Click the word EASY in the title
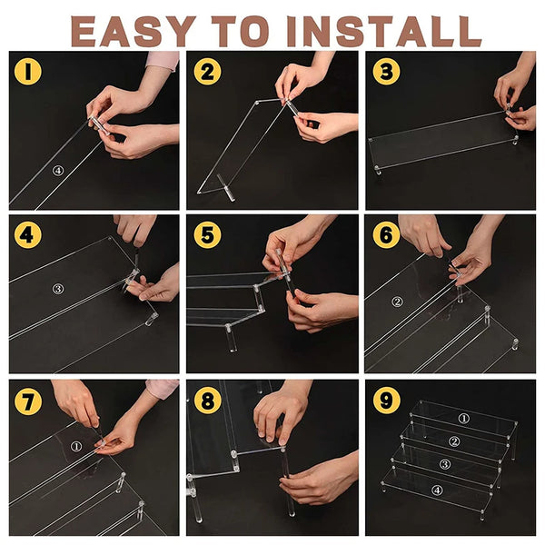coord(134,31)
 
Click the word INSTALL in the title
coord(384,31)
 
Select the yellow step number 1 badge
coord(28,72)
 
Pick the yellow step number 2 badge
coord(207,72)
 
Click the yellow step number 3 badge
coord(386,72)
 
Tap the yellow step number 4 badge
coord(28,235)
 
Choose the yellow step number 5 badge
coord(207,235)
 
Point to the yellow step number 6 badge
coord(386,235)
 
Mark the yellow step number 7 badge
coord(28,401)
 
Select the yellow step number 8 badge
coord(207,401)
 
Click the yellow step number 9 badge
coord(386,401)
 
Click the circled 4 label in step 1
coord(58,171)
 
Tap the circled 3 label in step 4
coord(58,289)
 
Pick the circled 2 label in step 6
coord(397,302)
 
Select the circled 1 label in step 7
coord(76,446)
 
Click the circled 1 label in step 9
coord(463,419)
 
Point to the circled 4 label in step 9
coord(437,490)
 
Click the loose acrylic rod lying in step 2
coord(226,187)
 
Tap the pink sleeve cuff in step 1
coord(163,61)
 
